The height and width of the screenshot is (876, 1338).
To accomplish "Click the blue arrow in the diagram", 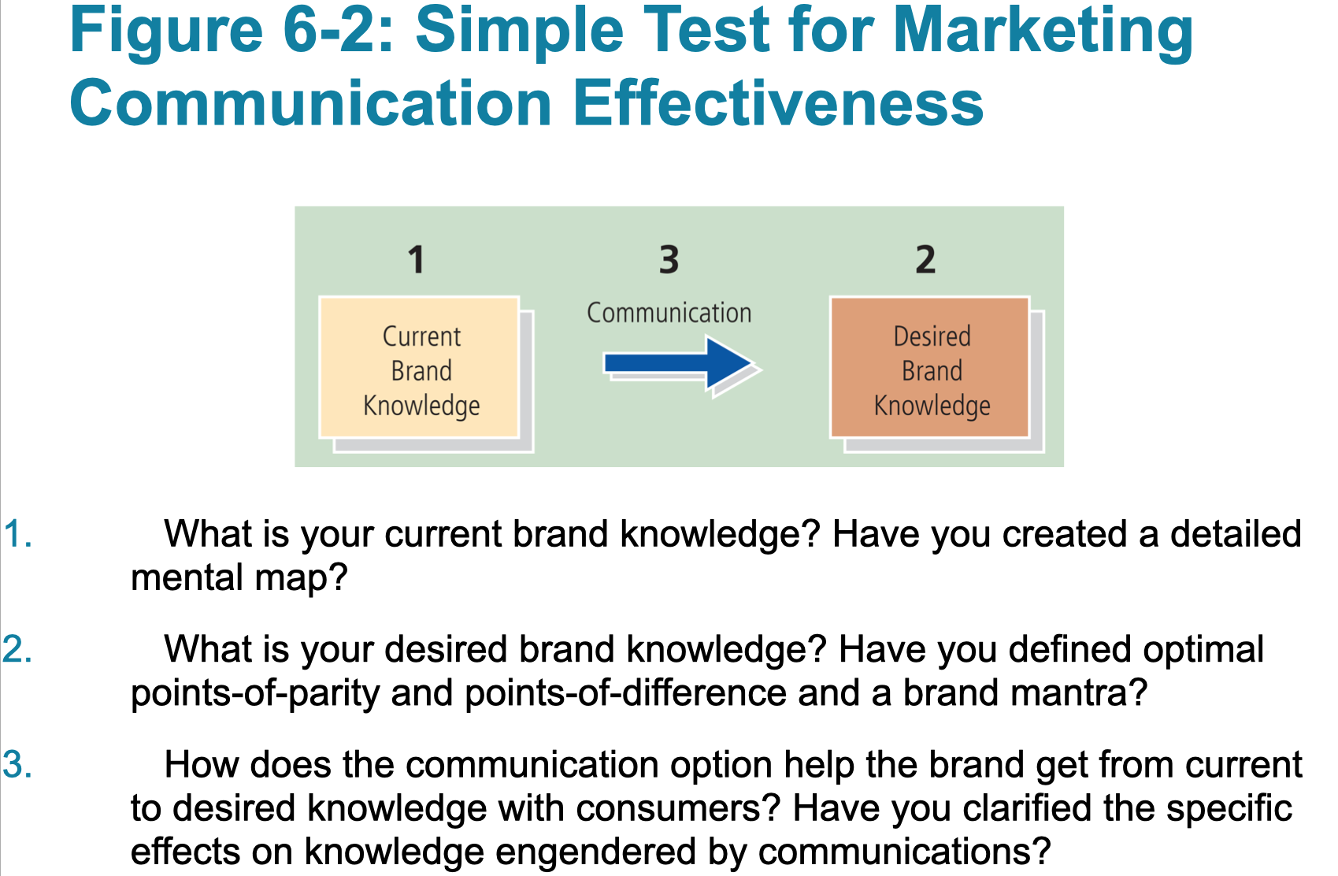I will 677,363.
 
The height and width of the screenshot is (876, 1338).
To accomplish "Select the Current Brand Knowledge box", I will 420,368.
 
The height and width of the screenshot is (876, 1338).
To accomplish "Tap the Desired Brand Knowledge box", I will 930,368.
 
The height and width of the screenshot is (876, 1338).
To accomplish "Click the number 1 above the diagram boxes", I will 416,260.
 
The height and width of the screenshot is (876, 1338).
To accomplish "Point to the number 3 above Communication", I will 669,260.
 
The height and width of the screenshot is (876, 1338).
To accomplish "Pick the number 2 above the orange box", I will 925,260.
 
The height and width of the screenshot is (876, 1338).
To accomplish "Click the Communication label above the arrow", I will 669,313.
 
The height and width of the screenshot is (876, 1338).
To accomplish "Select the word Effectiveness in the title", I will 778,104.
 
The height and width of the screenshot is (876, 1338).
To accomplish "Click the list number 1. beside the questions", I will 17,535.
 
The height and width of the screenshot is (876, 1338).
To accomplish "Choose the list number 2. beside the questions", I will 17,651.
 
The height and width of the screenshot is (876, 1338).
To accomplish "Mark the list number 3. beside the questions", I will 17,765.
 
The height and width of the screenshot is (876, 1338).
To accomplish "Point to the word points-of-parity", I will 255,694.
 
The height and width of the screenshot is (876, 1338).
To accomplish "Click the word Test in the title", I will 706,32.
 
